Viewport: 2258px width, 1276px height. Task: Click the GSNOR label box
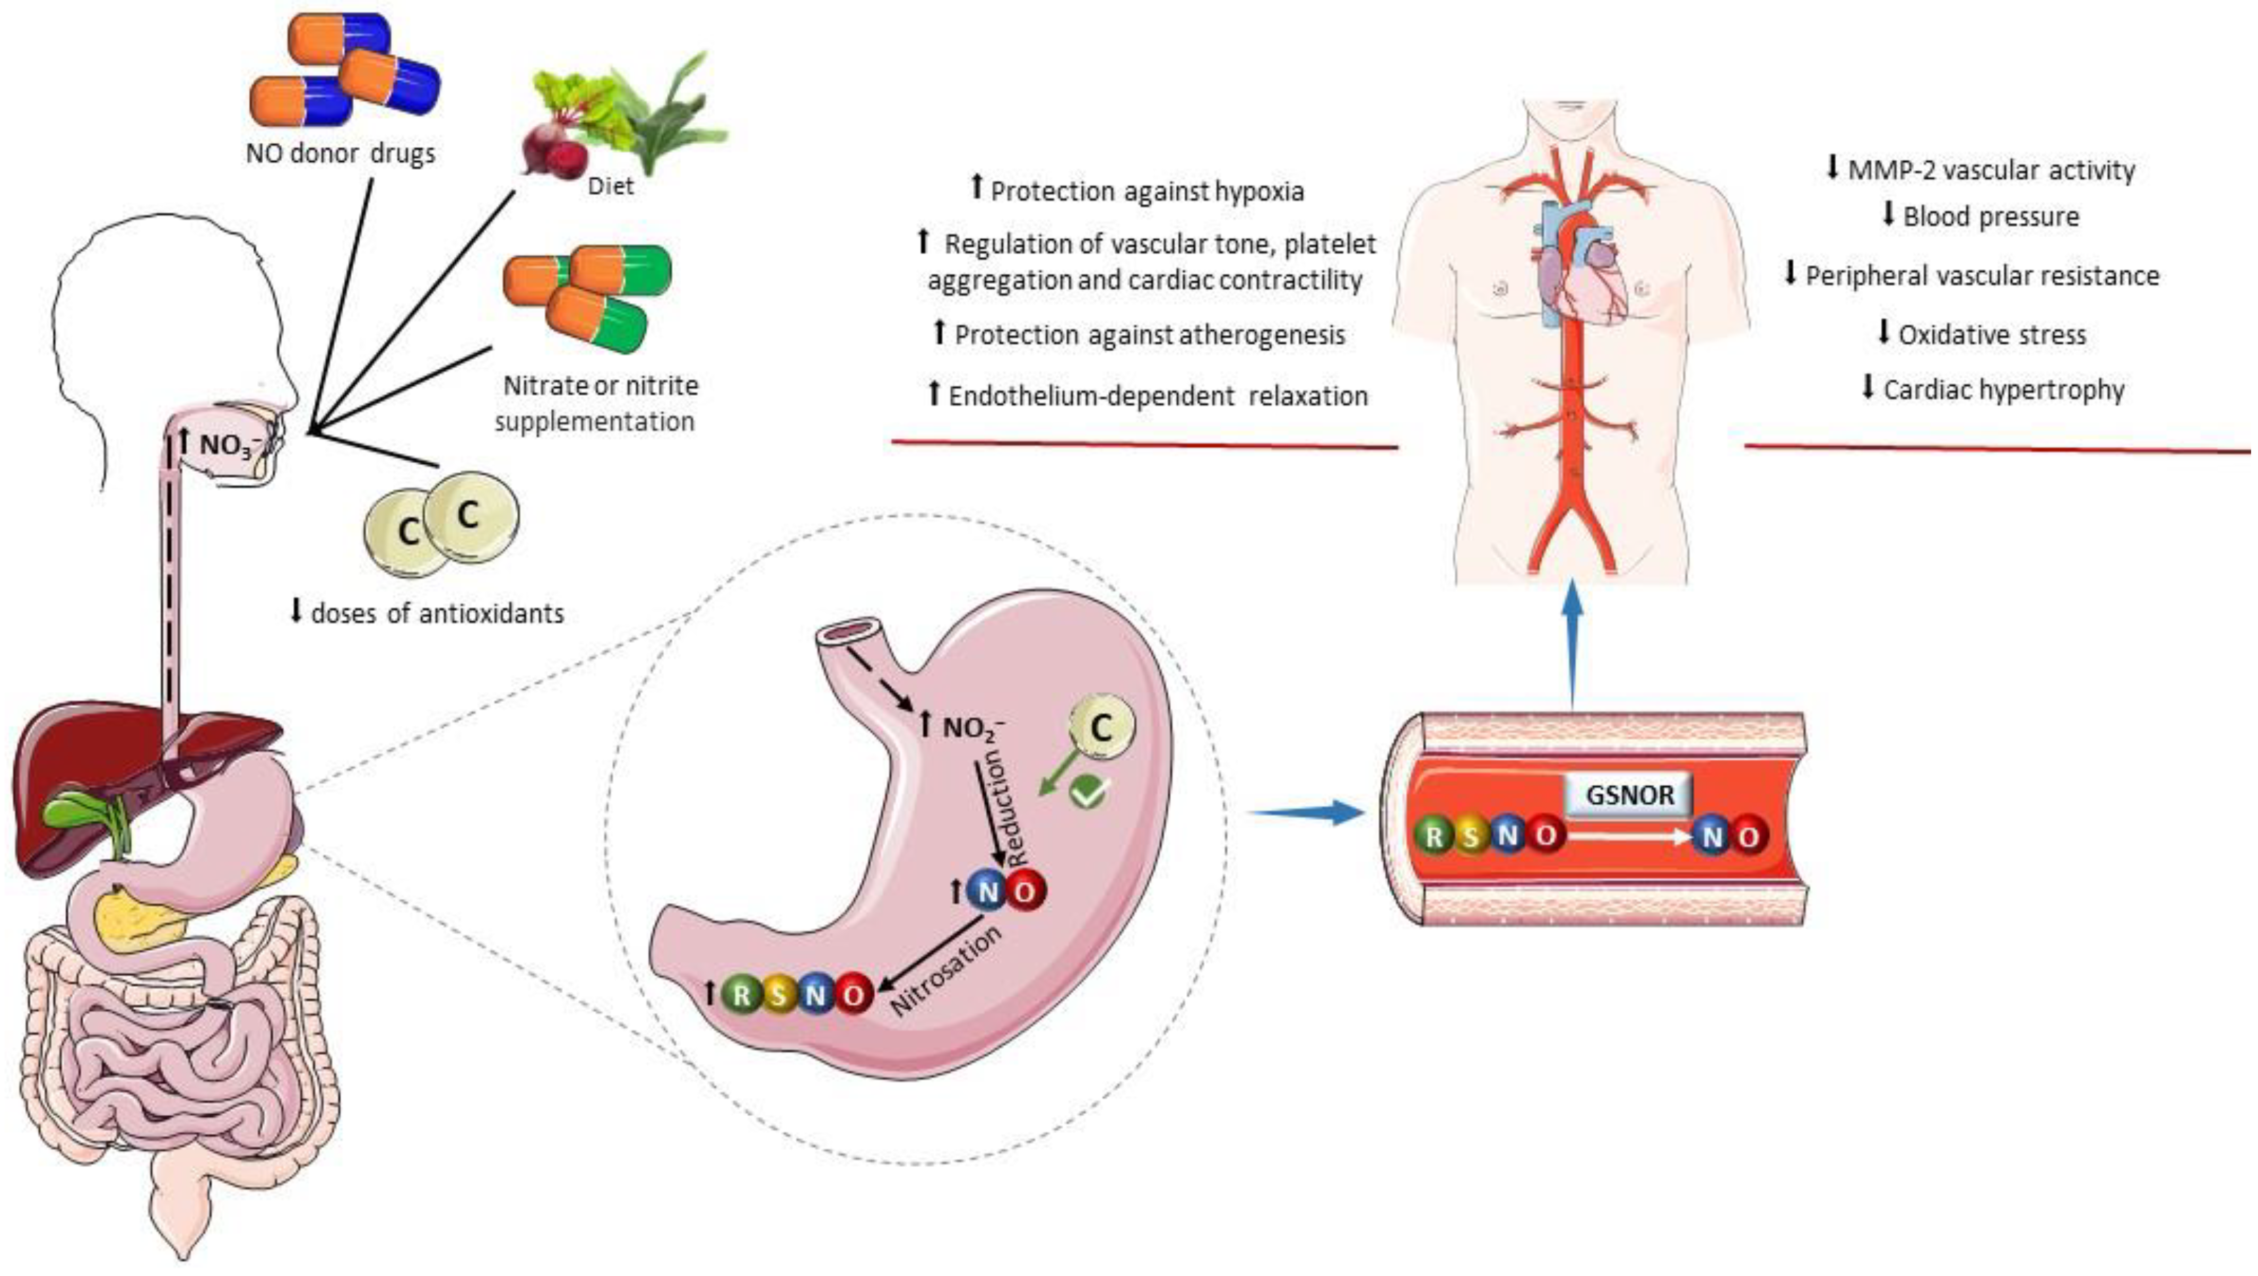point(1629,795)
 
